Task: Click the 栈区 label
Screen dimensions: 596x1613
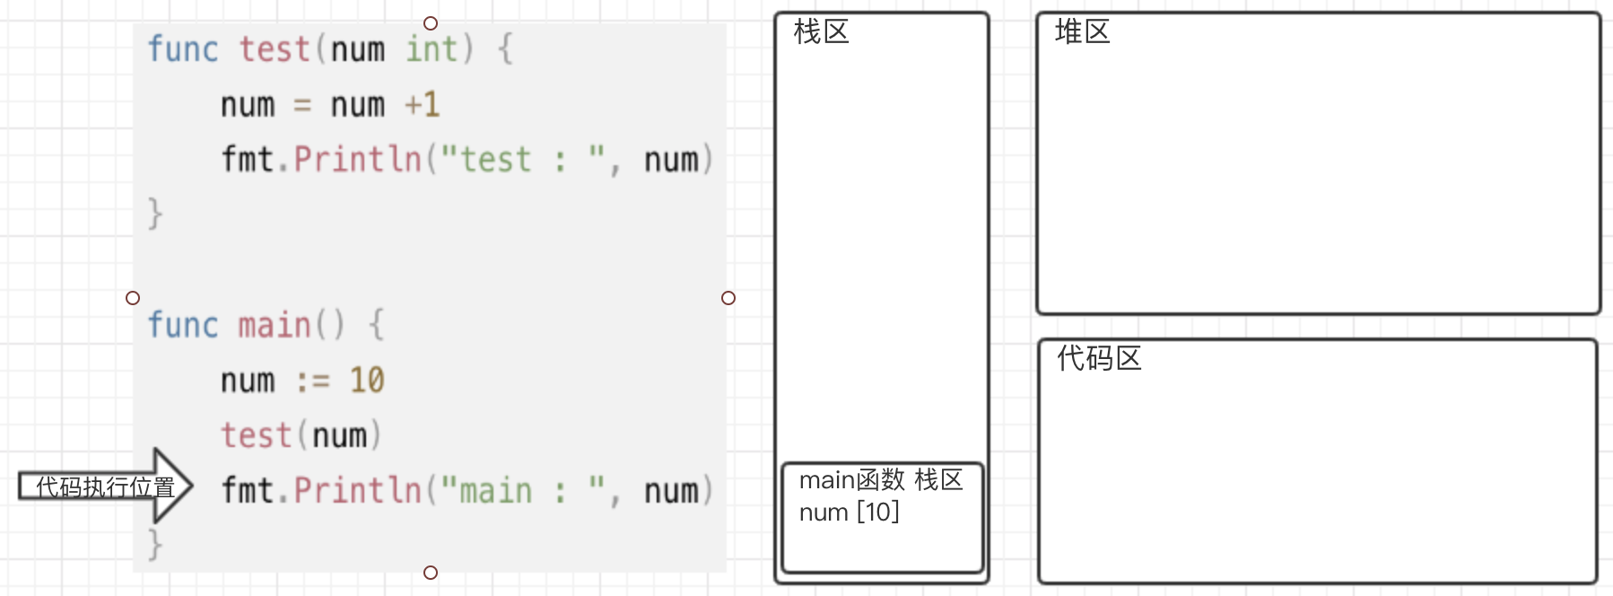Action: tap(821, 32)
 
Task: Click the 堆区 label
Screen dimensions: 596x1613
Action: tap(1082, 32)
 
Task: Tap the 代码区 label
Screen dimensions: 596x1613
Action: tap(1098, 358)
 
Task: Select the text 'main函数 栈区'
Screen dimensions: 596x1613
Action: tap(880, 480)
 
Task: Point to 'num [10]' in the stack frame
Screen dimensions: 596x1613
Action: tap(849, 513)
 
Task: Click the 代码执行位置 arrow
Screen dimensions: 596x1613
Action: tap(106, 486)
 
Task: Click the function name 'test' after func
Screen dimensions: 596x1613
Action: tap(274, 48)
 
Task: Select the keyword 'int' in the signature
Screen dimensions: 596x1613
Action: tap(431, 48)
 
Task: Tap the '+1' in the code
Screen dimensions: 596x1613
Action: tap(422, 105)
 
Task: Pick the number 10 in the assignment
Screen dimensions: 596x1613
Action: tap(367, 381)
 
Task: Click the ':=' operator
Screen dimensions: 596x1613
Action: tap(312, 381)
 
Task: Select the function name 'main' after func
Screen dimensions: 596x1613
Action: tap(274, 325)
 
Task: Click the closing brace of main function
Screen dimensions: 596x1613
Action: tap(155, 544)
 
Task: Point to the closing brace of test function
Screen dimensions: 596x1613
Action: tap(155, 214)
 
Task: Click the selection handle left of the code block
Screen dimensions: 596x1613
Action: tap(133, 298)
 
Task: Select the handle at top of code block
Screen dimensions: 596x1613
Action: tap(431, 23)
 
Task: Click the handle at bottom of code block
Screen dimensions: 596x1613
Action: tap(431, 573)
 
